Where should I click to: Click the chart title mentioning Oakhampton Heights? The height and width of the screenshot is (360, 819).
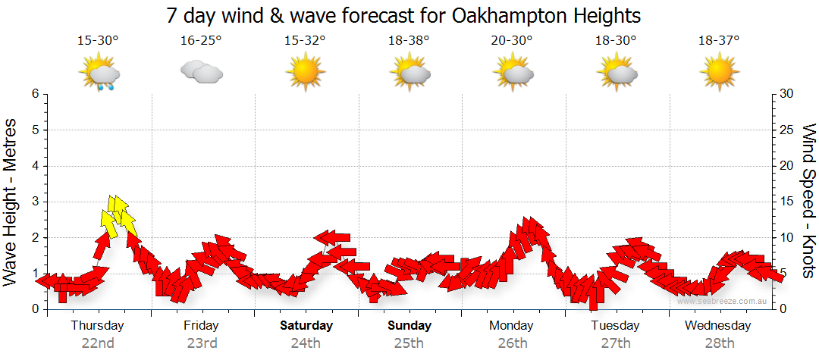[x=403, y=15]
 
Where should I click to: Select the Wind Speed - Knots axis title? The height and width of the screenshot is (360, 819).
[x=808, y=202]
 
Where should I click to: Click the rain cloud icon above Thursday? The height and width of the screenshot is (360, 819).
[x=99, y=74]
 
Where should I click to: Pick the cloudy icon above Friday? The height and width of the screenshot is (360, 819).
[x=201, y=72]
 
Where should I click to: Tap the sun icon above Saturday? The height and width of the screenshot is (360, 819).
[x=305, y=72]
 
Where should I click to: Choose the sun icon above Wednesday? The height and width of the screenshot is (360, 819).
[x=719, y=72]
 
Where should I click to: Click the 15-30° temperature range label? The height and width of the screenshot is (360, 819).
[x=98, y=41]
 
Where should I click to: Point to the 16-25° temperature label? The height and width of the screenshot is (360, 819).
[x=201, y=41]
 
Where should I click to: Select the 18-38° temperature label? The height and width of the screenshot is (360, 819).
[x=408, y=41]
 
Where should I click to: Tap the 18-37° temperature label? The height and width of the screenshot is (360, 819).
[x=719, y=41]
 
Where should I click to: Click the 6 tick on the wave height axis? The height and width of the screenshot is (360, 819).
[x=35, y=94]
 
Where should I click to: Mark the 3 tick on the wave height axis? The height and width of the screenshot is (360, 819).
[x=35, y=202]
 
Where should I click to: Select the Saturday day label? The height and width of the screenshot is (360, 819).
[x=306, y=326]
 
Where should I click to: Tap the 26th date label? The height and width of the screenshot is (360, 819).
[x=513, y=343]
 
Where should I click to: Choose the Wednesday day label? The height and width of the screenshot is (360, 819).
[x=717, y=326]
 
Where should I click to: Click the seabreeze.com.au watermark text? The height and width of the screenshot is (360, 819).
[x=723, y=301]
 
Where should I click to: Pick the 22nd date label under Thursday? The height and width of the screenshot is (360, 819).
[x=98, y=343]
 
